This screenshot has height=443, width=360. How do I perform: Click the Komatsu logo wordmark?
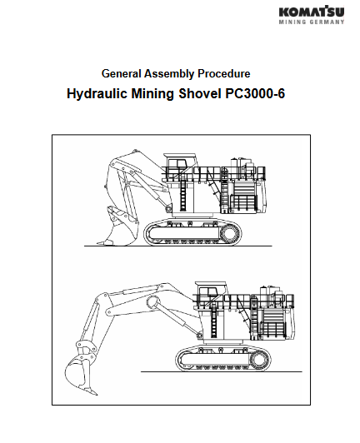[312, 12]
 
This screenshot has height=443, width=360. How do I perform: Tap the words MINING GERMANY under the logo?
[312, 22]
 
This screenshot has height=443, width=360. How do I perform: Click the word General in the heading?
[122, 74]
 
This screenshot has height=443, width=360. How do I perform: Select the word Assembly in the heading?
[169, 74]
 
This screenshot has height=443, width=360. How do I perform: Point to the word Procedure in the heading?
[223, 74]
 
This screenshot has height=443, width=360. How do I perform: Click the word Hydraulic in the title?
[97, 94]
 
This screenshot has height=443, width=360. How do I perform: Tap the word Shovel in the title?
[200, 93]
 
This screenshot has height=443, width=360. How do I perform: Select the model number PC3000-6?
[255, 93]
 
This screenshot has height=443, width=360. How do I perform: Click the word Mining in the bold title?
[152, 94]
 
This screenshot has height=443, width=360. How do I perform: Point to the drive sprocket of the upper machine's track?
[229, 234]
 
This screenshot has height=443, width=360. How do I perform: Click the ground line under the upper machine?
[178, 246]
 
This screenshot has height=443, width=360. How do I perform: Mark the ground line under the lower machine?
[222, 371]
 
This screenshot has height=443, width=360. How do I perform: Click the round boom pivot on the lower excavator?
[153, 302]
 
